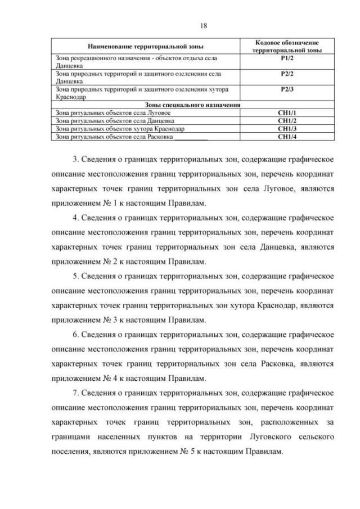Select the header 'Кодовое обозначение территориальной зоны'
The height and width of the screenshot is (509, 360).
point(287,46)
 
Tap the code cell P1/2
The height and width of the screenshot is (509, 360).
point(287,58)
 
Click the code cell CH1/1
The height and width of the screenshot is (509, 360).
point(287,113)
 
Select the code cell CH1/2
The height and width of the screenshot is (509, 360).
point(287,120)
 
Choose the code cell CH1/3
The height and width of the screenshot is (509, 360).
point(287,128)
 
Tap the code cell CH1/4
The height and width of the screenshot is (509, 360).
point(287,136)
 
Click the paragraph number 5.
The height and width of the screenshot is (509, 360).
point(76,276)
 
